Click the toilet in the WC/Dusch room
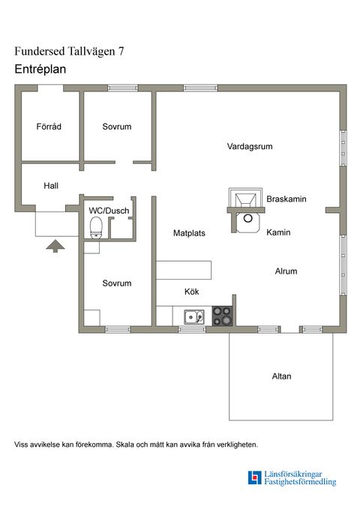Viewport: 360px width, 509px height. point(96,228)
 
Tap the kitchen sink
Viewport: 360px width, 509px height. point(194,317)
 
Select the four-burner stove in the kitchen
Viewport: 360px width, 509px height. point(223,316)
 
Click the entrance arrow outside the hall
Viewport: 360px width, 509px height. point(55,246)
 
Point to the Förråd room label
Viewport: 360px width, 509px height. point(49,126)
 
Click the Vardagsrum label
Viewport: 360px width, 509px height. point(250,146)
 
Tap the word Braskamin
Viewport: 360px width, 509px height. point(286,199)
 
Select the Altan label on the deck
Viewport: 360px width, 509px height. point(281,376)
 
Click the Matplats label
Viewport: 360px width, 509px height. point(189,233)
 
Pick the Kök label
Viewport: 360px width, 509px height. point(192,292)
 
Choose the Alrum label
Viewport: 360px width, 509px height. point(286,271)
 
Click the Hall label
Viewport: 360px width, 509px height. point(51,186)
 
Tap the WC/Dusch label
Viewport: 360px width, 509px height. point(109,211)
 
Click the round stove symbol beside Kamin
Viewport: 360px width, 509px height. point(248,218)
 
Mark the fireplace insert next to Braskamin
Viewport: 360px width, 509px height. point(246,198)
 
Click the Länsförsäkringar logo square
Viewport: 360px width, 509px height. point(254,478)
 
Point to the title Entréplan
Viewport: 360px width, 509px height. point(40,69)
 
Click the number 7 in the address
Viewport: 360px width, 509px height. point(121,51)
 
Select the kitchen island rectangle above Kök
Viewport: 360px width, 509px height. point(184,270)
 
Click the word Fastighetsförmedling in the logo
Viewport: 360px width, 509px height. point(300,482)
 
